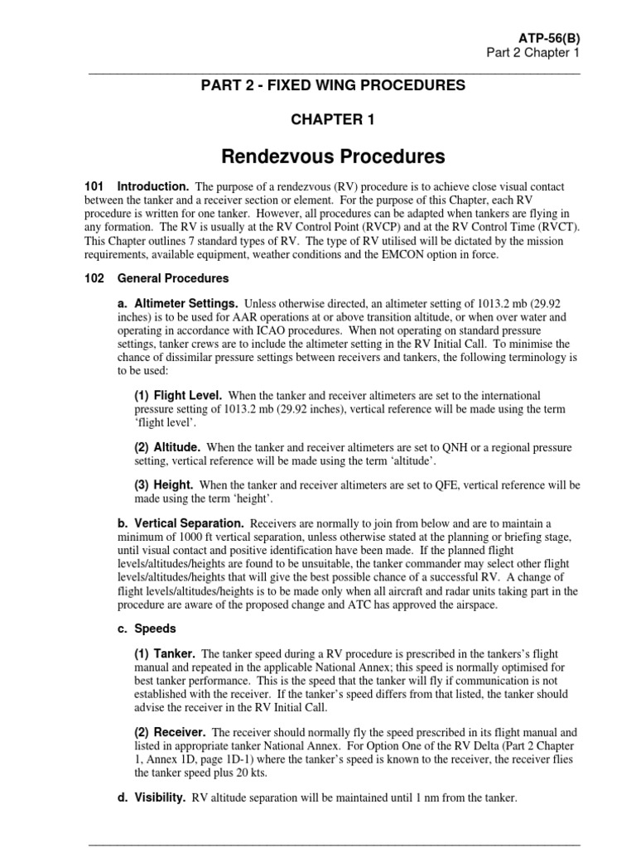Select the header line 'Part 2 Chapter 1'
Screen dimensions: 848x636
point(532,53)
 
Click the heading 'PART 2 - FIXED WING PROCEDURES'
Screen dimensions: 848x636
point(335,85)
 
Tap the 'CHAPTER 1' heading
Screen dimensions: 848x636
point(332,120)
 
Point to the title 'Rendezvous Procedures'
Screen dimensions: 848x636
point(333,157)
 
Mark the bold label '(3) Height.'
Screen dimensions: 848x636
point(164,484)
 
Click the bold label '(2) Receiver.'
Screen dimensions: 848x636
point(171,733)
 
